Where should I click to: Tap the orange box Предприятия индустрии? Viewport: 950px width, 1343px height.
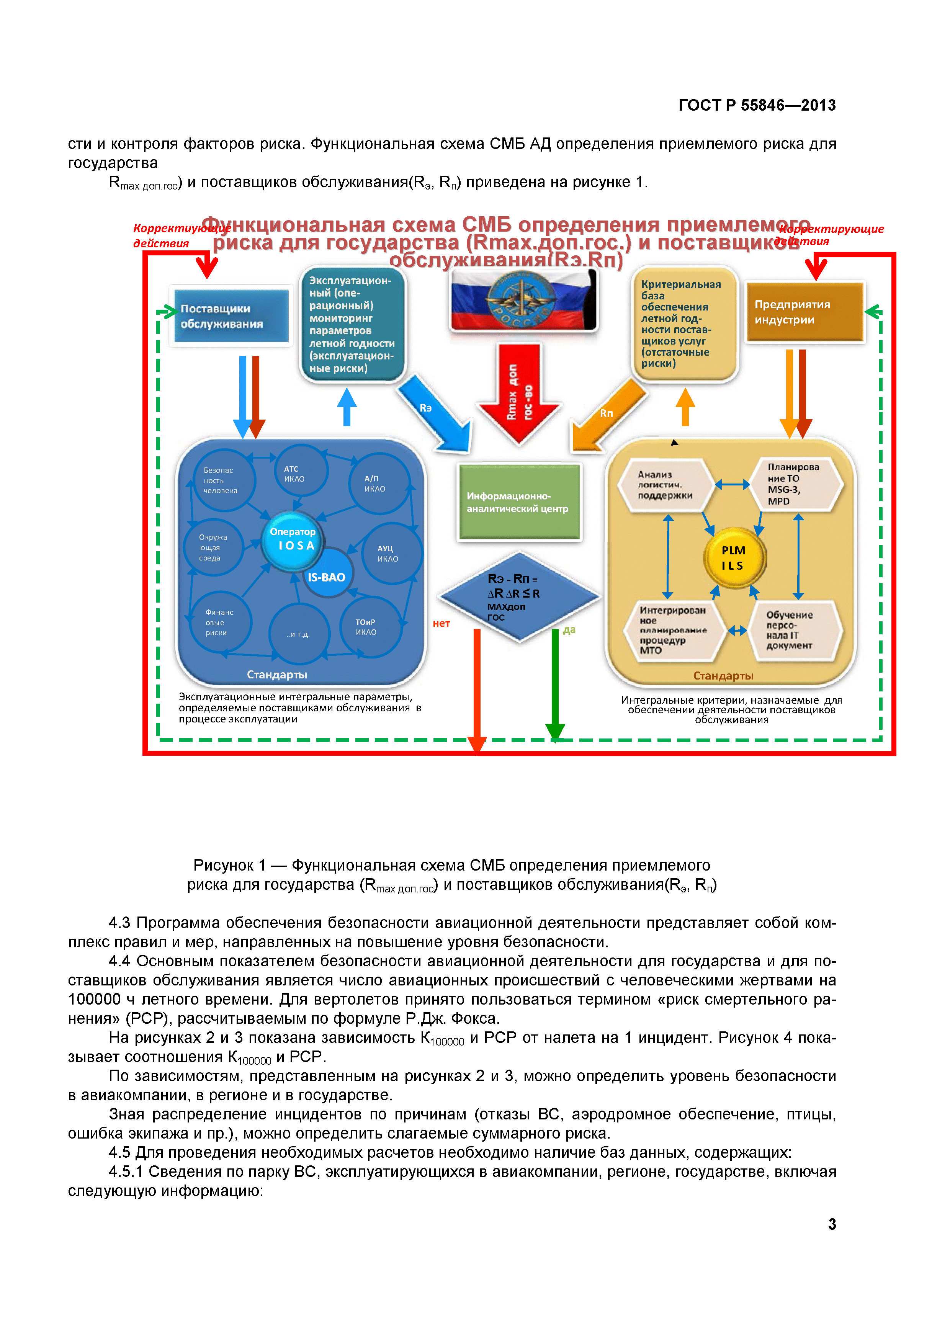click(x=804, y=312)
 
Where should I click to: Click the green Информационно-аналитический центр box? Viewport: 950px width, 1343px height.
click(x=519, y=502)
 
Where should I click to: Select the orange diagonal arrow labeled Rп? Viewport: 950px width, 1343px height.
click(x=607, y=414)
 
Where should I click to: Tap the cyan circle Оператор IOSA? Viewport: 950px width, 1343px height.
click(x=293, y=539)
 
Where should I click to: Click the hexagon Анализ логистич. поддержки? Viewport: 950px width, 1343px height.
click(x=666, y=485)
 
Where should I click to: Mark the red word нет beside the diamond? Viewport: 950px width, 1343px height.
click(x=441, y=624)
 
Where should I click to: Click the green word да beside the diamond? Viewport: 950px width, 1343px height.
click(x=569, y=630)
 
